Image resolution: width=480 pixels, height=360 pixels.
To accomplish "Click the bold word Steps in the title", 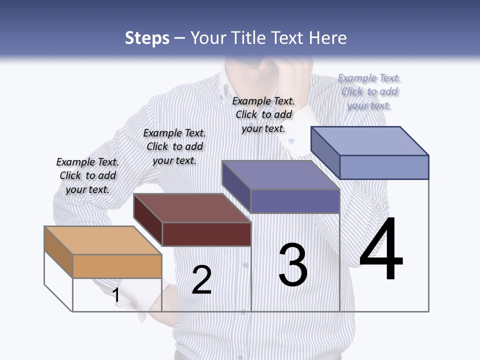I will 147,38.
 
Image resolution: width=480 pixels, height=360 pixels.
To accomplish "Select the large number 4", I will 381,248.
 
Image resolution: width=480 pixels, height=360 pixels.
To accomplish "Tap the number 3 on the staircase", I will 293,265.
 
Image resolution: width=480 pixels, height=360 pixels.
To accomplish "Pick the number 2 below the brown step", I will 201,280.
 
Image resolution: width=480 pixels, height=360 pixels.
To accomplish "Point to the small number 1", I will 116,295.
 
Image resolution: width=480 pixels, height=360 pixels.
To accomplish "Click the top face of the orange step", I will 102,240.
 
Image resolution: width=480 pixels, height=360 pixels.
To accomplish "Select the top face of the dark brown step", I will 192,208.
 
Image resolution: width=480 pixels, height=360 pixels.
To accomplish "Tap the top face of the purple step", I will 280,175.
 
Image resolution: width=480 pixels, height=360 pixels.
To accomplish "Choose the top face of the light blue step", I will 370,141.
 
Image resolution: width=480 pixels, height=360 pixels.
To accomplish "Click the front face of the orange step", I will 117,266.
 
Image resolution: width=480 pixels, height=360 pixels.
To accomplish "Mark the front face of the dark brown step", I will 206,234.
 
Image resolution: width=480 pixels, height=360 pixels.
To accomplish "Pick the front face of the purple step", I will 295,201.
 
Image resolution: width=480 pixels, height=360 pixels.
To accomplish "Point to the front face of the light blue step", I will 384,167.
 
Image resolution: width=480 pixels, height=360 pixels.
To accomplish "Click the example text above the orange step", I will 87,175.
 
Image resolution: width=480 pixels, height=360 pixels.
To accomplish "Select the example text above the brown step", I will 174,146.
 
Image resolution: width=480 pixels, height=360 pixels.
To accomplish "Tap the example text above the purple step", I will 263,114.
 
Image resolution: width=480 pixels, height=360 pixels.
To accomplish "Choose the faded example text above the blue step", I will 369,91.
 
